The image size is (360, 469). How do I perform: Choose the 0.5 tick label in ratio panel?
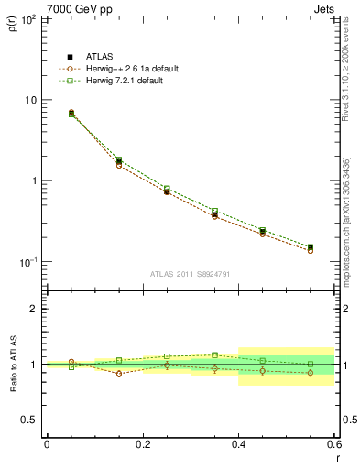point(29,420)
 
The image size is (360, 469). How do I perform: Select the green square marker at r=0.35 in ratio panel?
point(214,354)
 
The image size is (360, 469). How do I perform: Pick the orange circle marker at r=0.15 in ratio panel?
point(118,374)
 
